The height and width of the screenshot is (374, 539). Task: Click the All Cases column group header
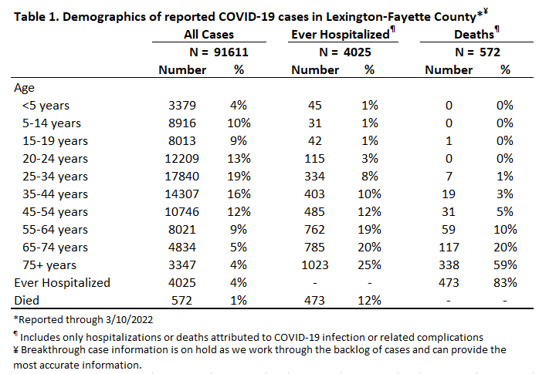tap(208, 34)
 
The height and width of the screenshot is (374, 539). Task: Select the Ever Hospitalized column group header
tap(341, 34)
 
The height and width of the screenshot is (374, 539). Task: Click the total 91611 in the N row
tap(231, 52)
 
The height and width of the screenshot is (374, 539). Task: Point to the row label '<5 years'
tap(46, 106)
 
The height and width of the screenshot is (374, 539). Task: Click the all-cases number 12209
tap(181, 159)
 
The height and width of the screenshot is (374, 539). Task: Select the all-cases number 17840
tap(181, 177)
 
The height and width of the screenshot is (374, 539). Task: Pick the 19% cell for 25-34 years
tap(239, 177)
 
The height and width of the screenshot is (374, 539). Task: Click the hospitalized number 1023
tap(315, 265)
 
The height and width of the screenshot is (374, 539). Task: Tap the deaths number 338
tap(449, 265)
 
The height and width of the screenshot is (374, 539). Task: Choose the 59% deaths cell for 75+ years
tap(505, 265)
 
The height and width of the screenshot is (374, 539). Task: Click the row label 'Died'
tap(27, 301)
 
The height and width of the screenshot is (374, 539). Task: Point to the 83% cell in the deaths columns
tap(505, 283)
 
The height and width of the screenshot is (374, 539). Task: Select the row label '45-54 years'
tap(55, 212)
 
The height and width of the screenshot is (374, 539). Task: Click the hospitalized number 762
tap(314, 230)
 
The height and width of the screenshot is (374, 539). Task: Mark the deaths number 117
tap(449, 248)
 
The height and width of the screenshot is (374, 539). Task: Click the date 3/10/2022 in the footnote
tap(129, 320)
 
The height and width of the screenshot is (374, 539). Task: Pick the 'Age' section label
tap(24, 88)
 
